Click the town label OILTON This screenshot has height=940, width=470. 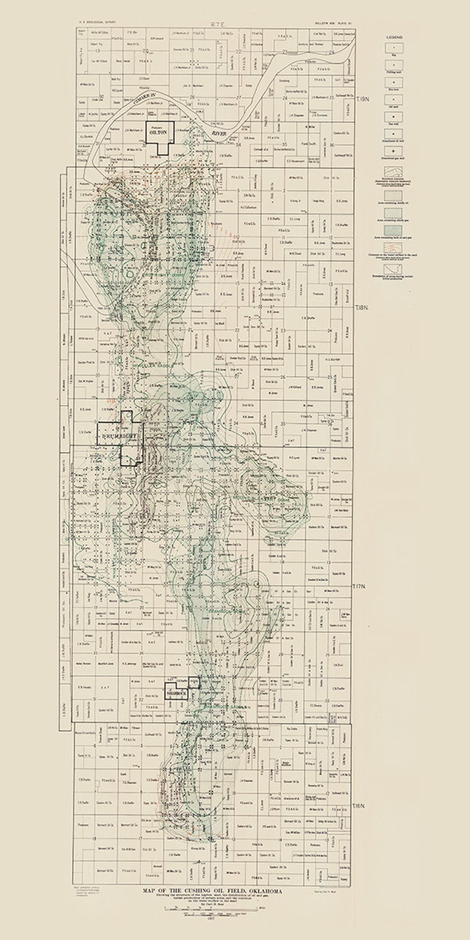157,134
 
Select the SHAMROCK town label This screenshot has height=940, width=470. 176,691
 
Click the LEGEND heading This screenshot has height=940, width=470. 394,37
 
